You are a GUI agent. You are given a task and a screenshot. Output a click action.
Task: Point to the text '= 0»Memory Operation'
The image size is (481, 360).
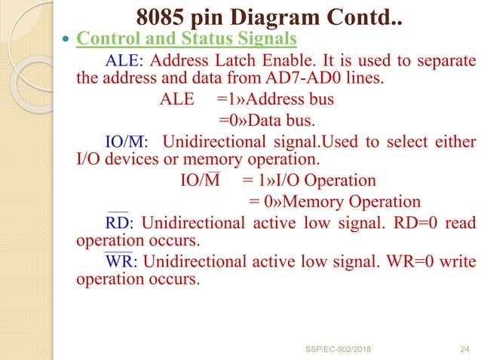click(334, 201)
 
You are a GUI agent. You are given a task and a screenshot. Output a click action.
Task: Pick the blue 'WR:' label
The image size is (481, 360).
click(121, 261)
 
